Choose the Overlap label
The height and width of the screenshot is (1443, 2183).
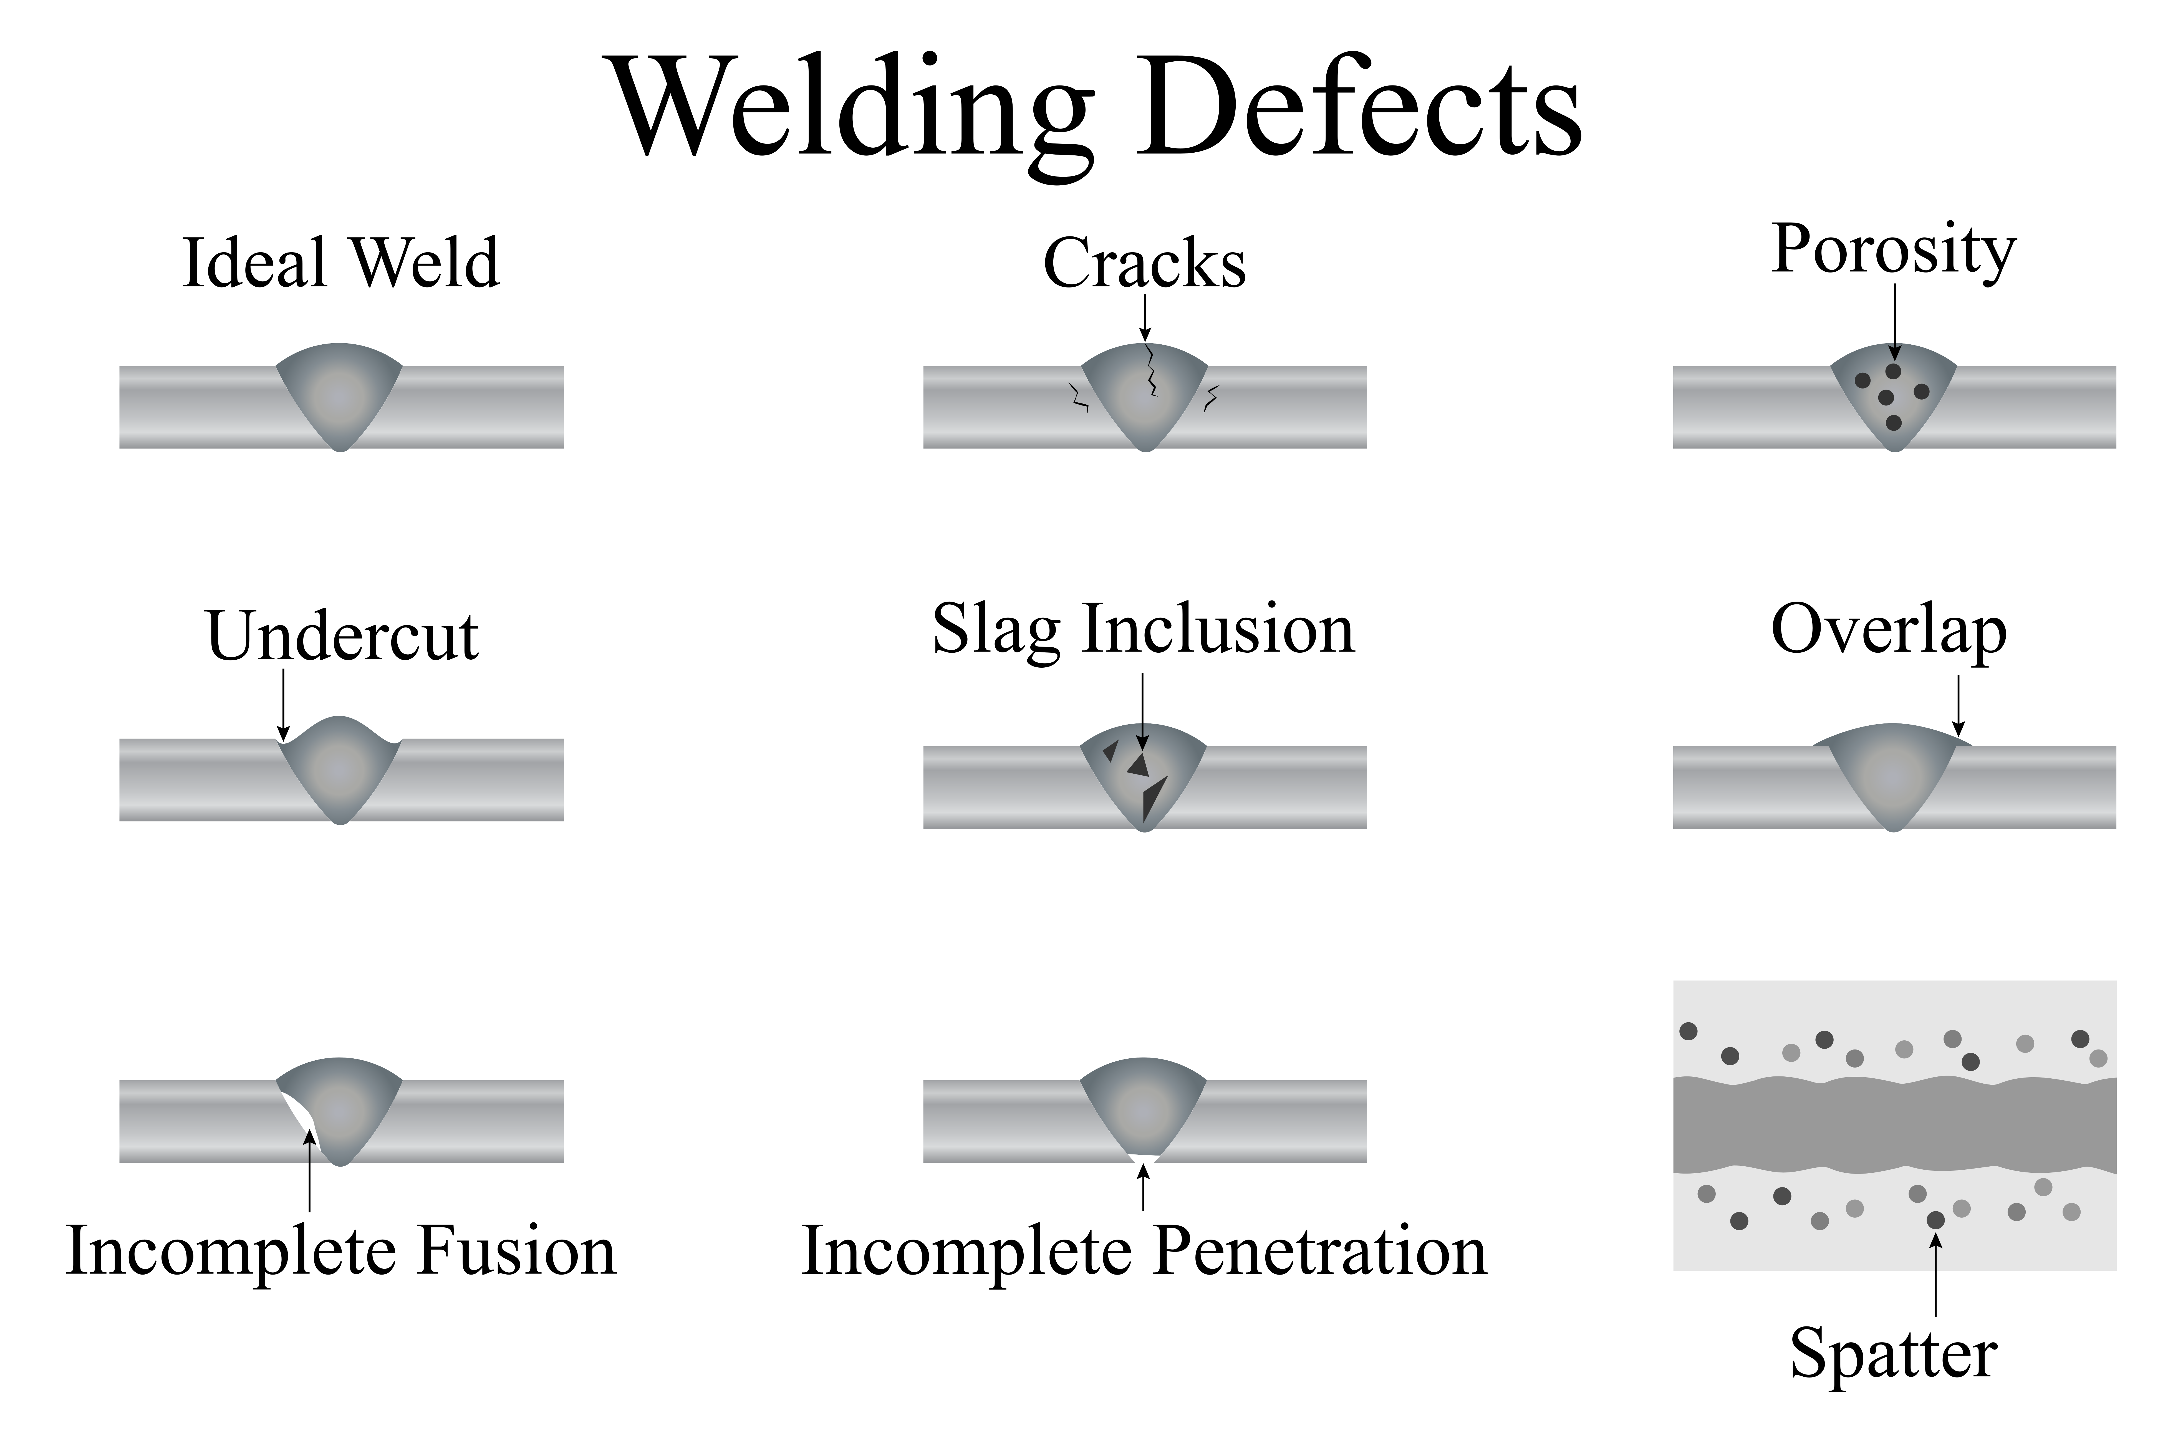coord(1889,631)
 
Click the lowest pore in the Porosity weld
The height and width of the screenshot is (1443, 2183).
coord(1893,422)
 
